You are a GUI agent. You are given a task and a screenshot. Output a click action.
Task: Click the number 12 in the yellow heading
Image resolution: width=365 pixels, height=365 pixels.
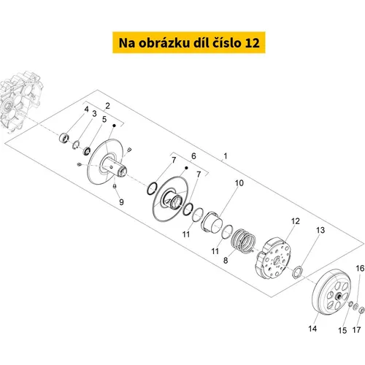point(252,43)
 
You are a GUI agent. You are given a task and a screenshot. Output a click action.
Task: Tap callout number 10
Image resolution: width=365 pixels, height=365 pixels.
point(239,183)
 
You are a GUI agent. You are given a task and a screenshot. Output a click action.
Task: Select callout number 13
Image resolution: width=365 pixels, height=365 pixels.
point(320,230)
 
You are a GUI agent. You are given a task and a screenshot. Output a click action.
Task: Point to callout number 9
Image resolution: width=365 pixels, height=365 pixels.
point(121,202)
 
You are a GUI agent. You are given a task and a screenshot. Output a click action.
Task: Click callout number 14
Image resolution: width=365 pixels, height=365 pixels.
point(312,328)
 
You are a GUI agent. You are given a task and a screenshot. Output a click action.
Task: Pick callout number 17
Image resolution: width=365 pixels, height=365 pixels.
point(356,330)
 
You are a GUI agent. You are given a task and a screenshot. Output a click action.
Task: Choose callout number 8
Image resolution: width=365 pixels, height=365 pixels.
point(226,261)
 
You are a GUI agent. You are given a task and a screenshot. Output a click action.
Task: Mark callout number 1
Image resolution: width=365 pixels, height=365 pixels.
point(226,155)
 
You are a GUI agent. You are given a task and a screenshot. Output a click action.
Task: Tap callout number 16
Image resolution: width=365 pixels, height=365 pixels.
point(360,269)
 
